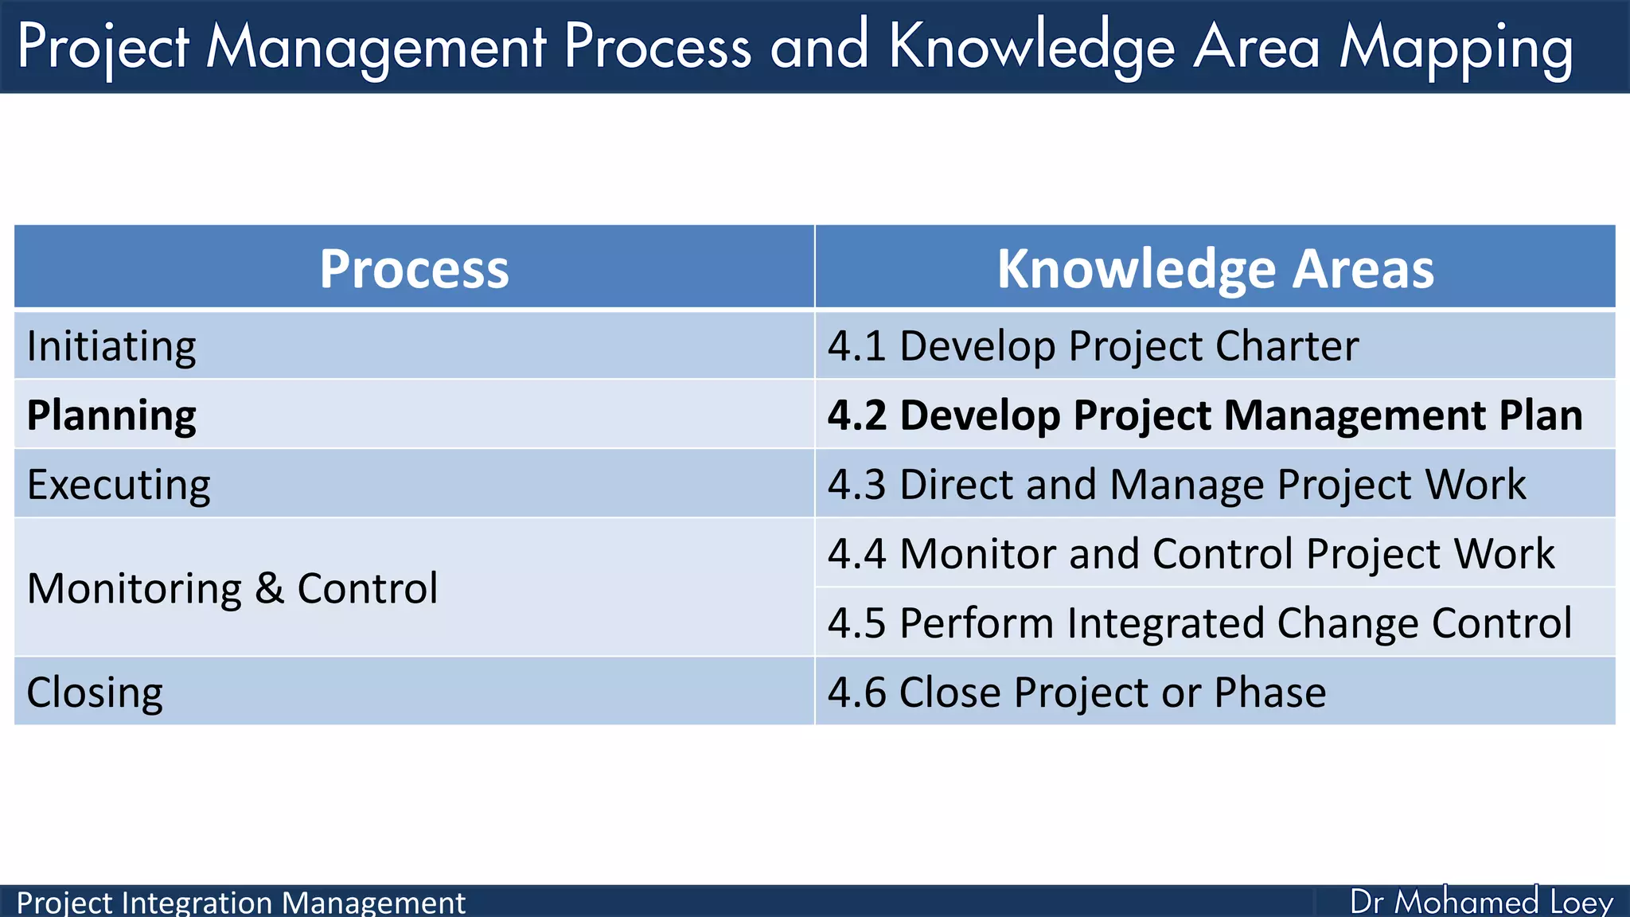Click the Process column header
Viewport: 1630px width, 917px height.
414,268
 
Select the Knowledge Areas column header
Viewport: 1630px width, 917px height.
1215,268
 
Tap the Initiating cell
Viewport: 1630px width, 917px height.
111,346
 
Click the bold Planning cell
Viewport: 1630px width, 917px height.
111,416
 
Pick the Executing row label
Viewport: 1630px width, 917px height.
119,485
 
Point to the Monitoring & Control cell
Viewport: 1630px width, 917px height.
232,588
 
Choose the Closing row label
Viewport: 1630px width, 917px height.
95,692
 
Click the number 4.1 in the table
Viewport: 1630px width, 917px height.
856,346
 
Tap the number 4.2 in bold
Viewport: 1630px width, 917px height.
856,416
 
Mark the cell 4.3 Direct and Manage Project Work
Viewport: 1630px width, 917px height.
1176,485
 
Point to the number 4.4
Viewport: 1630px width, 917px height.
856,554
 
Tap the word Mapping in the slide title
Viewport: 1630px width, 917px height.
1456,48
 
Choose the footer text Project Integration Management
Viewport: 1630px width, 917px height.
240,903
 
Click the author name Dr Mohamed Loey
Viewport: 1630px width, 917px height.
1481,902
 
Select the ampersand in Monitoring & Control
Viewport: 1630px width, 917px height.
270,588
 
